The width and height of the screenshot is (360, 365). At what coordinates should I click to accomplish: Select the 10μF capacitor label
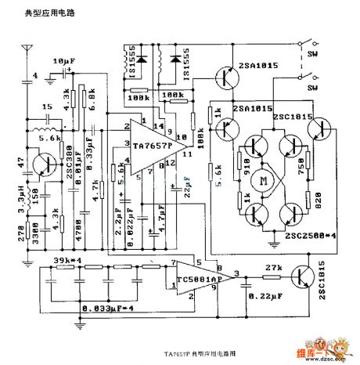(x=64, y=60)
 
